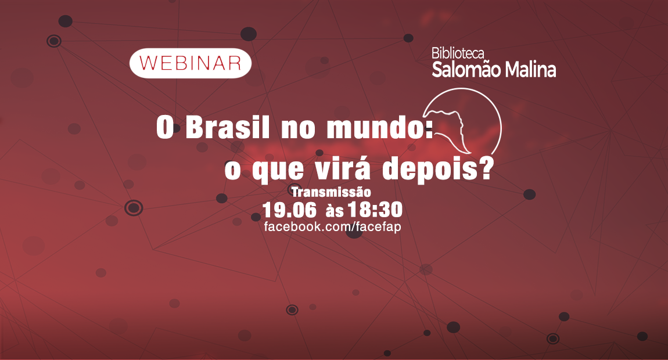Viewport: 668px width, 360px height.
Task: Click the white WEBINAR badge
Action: click(x=191, y=63)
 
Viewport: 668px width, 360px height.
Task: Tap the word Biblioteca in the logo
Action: click(x=458, y=53)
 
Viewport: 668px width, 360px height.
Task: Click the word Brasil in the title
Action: click(x=228, y=127)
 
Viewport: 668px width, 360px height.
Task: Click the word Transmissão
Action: click(x=331, y=192)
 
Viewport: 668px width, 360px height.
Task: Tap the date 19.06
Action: click(x=289, y=210)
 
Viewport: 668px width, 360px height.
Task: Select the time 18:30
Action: click(x=375, y=210)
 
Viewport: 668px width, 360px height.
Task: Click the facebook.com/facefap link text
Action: click(x=332, y=226)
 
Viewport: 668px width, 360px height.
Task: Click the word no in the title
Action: click(x=298, y=129)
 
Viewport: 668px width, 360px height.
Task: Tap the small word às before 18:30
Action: click(x=335, y=210)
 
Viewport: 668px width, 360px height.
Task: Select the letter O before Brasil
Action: click(x=166, y=127)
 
